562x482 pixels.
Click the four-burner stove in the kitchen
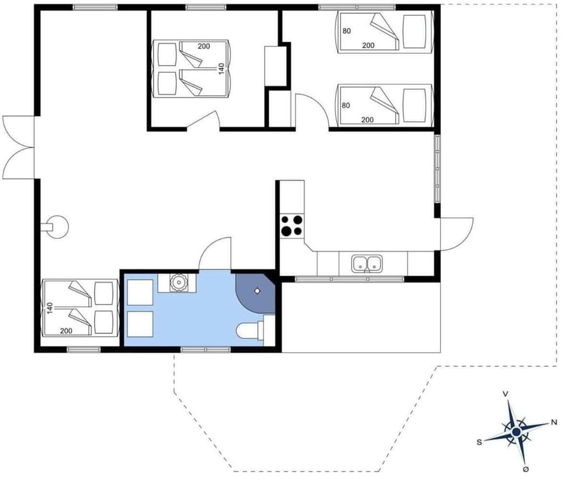292,225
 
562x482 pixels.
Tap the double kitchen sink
367,263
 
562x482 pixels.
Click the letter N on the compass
554,422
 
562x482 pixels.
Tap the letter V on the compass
505,394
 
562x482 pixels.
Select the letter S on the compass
479,442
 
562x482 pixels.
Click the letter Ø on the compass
525,470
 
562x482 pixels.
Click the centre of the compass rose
516,432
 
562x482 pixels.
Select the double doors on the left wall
18,147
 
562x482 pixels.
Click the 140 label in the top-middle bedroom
221,68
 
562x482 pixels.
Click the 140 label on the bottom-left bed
50,307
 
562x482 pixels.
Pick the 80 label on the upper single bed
347,31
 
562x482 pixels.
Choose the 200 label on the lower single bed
368,120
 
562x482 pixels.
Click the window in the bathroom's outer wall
205,350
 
